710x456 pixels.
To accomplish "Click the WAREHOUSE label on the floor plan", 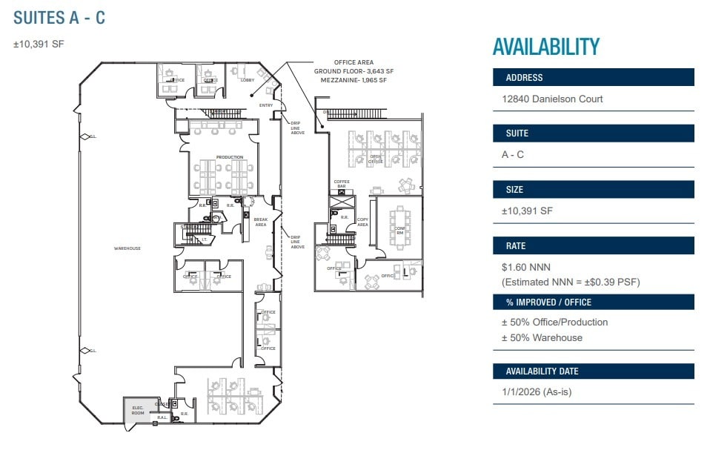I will tap(127, 248).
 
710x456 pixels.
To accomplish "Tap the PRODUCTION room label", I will tap(229, 157).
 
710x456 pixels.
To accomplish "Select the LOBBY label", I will tap(247, 80).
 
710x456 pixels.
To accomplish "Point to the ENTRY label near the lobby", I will tap(266, 105).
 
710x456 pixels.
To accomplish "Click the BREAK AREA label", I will tap(260, 222).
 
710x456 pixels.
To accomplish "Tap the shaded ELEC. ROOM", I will tap(138, 410).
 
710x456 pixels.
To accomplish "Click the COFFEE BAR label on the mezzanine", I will tap(342, 183).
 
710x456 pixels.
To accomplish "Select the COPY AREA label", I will tap(362, 222).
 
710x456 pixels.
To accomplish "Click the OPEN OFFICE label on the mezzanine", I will tap(376, 159).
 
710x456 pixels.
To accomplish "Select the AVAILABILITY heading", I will tap(545, 47).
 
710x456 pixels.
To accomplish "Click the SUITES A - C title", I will tap(59, 18).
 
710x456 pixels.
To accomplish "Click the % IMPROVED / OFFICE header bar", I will tap(593, 302).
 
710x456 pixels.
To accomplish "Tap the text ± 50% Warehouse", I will tap(542, 337).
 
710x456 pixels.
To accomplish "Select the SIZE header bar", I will tap(593, 190).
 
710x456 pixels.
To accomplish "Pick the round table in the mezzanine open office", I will tap(405, 185).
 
